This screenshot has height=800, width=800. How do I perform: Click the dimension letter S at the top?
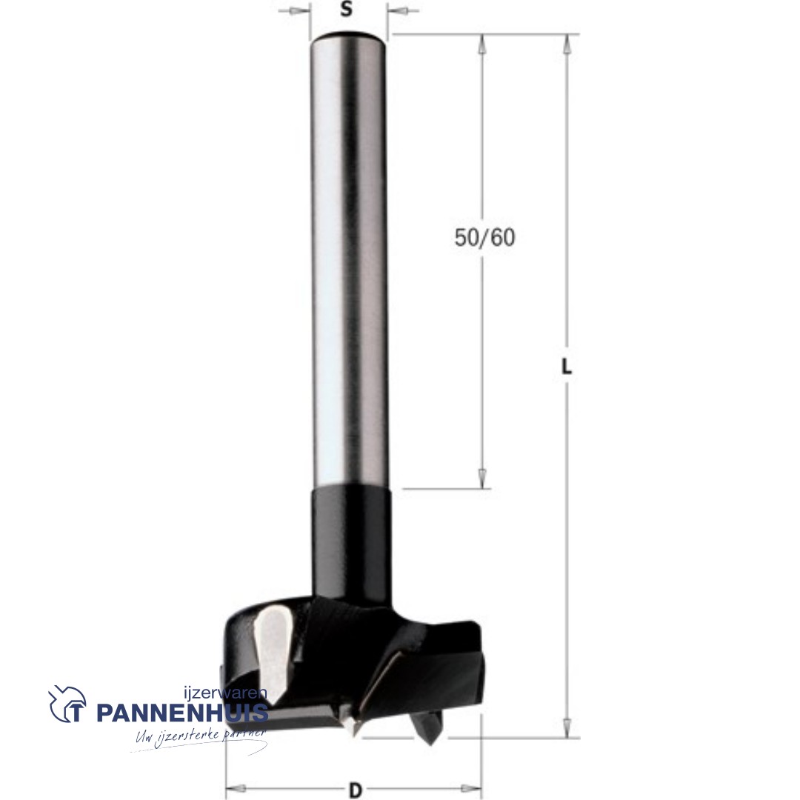[x=347, y=9]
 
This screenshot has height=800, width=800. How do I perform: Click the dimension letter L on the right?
[x=567, y=367]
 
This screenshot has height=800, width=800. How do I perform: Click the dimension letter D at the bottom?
[x=355, y=791]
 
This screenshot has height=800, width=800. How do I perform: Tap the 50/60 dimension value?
[x=484, y=238]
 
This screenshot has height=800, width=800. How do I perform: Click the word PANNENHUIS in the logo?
[x=182, y=713]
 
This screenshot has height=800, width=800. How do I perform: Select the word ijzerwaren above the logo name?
[x=225, y=693]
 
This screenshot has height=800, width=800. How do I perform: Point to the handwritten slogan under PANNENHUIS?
[x=201, y=737]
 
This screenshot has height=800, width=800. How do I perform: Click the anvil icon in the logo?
[x=67, y=704]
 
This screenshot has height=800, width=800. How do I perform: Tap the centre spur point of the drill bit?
[x=351, y=728]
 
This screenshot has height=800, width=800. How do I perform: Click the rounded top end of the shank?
[x=349, y=38]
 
